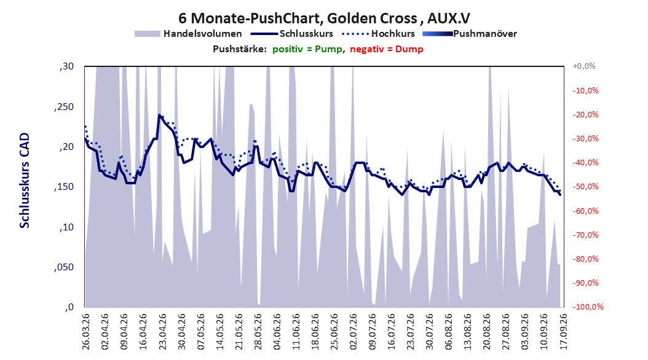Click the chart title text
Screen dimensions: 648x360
coord(324,18)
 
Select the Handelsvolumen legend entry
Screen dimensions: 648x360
coord(188,34)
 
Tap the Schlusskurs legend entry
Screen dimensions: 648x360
coord(292,34)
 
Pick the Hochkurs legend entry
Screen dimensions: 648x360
coord(378,34)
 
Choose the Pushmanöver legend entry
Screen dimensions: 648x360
coord(470,34)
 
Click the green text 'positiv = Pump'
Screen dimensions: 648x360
coord(307,49)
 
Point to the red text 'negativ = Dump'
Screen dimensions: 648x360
coord(387,49)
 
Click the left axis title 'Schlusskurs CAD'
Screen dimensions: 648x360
coord(25,180)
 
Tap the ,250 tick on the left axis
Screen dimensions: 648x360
coord(64,107)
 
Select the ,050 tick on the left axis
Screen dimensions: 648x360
coord(64,267)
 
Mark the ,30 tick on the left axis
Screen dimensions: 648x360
coord(66,66)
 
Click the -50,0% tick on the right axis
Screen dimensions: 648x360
coord(585,187)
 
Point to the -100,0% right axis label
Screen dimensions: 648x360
coord(588,307)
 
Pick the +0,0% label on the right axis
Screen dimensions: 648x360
coord(584,66)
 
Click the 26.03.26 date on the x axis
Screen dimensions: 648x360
coord(86,332)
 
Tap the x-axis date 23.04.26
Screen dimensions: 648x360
coord(162,332)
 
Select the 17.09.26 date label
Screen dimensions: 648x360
coord(563,332)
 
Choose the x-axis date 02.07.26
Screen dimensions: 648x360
coord(354,332)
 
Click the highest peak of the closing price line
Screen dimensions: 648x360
coord(159,115)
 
